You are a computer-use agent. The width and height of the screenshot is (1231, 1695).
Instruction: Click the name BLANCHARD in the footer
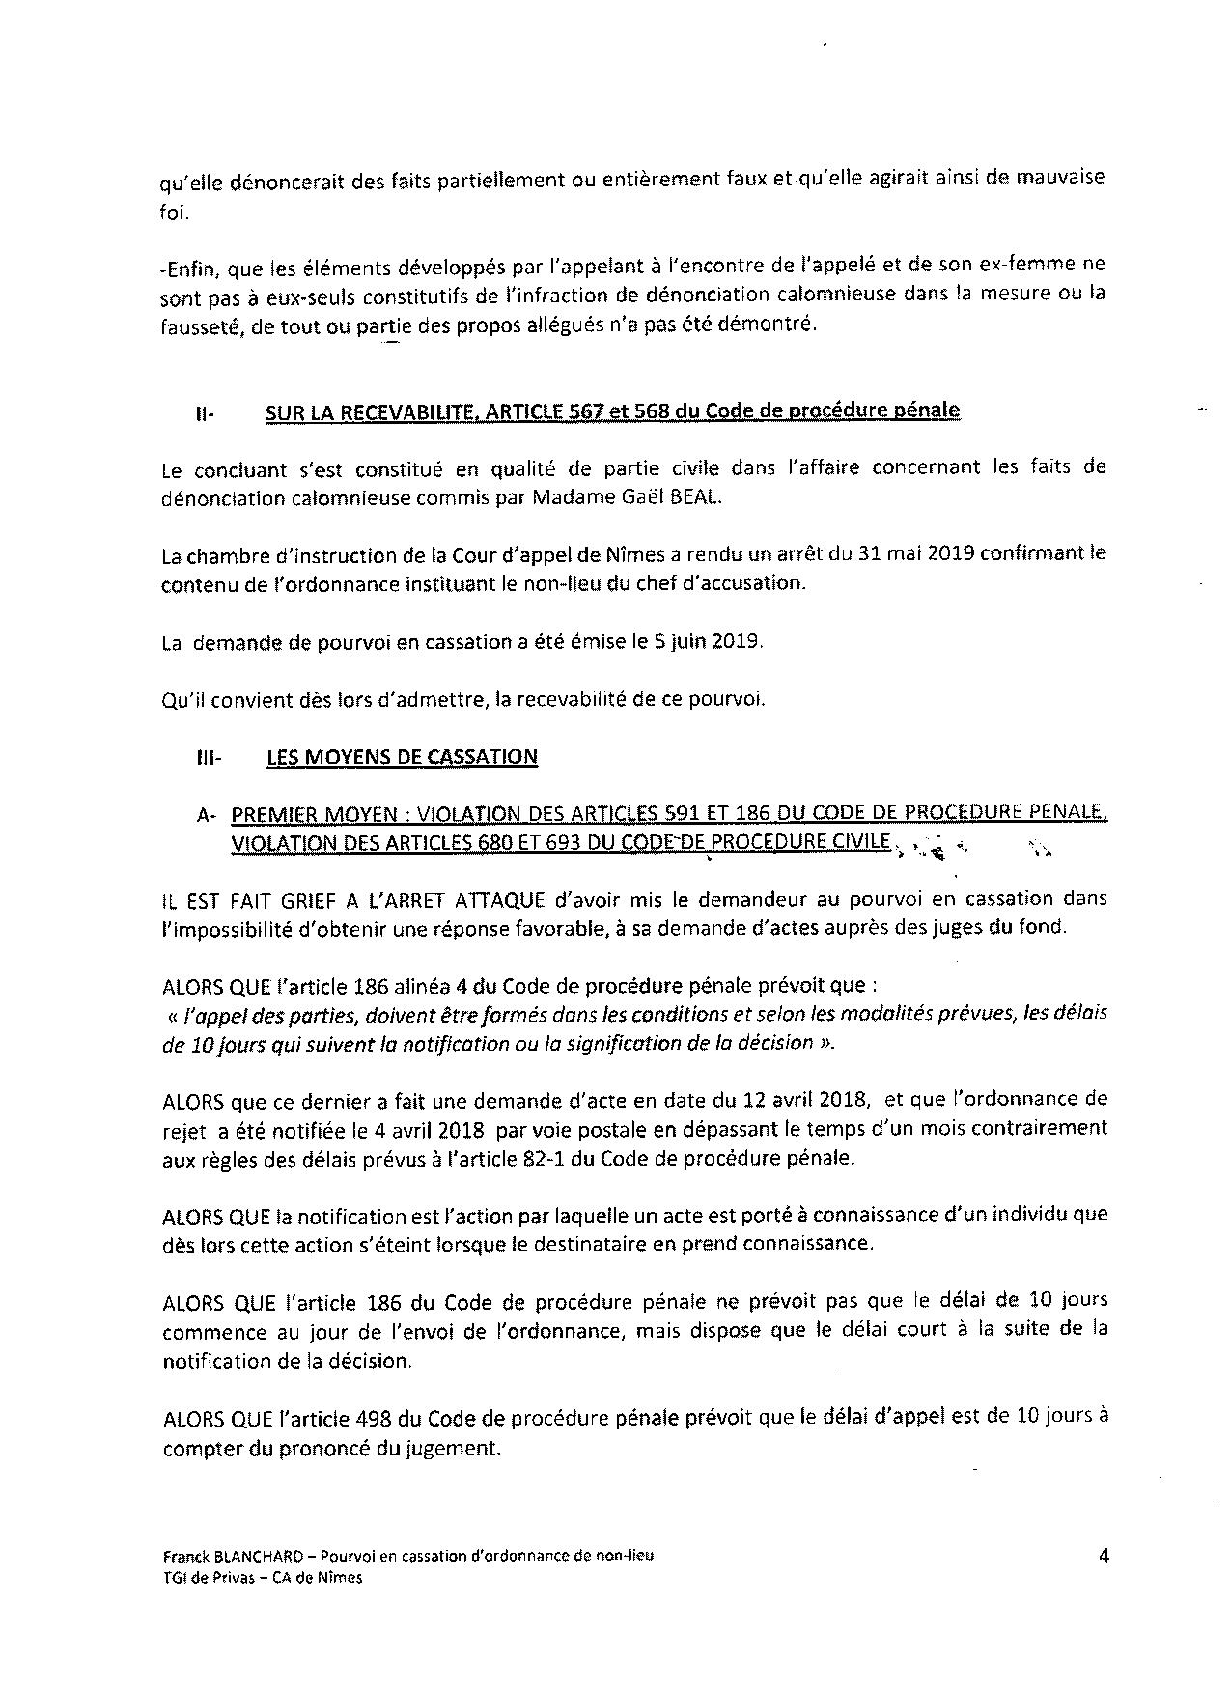pyautogui.click(x=246, y=1557)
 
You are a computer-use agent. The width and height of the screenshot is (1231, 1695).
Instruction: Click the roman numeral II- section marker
pyautogui.click(x=204, y=413)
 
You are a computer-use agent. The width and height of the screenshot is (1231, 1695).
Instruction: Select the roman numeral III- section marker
pyautogui.click(x=209, y=758)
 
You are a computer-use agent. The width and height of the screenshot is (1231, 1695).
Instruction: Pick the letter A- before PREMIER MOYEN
pyautogui.click(x=207, y=815)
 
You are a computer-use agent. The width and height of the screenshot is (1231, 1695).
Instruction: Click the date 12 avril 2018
pyautogui.click(x=805, y=1099)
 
